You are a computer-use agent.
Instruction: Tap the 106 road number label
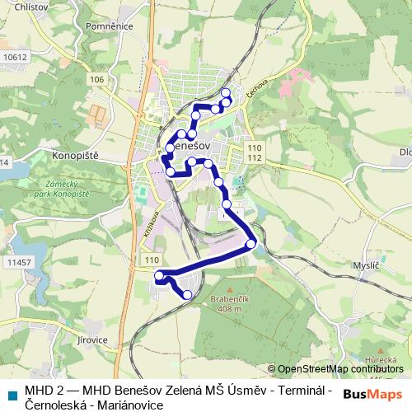(x=98, y=79)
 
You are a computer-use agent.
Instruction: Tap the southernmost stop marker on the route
(x=187, y=294)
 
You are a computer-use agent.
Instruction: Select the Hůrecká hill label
(x=384, y=360)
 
